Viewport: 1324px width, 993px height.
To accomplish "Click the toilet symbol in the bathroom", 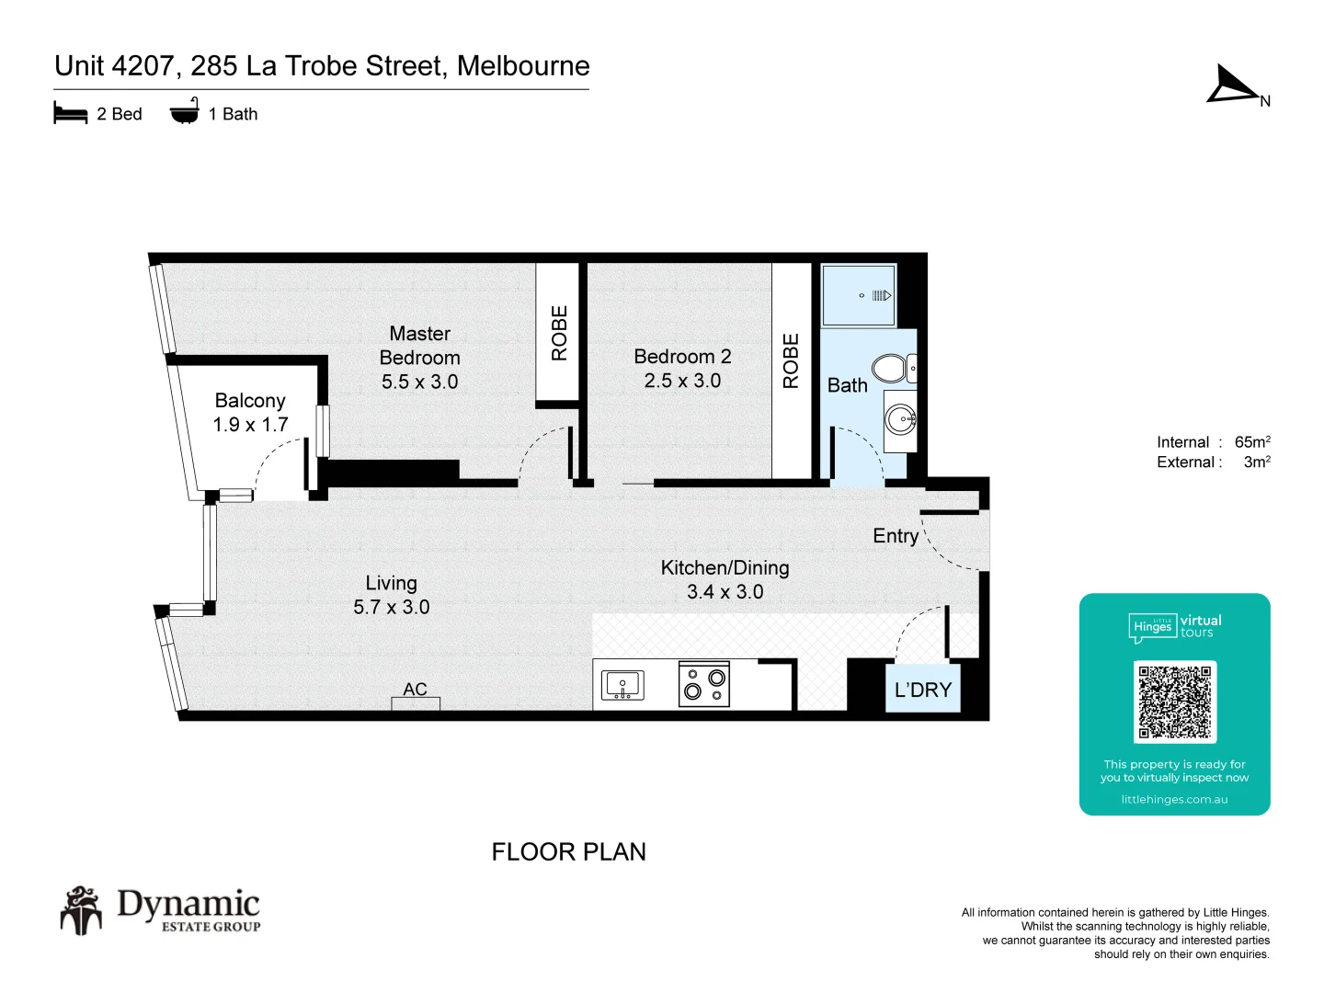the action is [x=894, y=369].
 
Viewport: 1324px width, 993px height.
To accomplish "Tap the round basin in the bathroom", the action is [x=901, y=418].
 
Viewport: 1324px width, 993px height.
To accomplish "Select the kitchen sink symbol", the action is [x=622, y=686].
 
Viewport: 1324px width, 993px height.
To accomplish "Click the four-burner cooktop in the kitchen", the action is [x=704, y=684].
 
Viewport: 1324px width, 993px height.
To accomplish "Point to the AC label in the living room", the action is [x=415, y=689].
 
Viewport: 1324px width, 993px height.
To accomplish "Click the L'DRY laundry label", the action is [x=923, y=690].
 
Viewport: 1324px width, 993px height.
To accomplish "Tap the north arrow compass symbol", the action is [x=1234, y=86].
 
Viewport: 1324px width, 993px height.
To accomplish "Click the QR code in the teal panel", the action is [x=1174, y=702].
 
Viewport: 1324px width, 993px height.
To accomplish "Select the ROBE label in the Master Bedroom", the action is [x=559, y=333].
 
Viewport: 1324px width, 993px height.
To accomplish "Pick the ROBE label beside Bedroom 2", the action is [x=791, y=360].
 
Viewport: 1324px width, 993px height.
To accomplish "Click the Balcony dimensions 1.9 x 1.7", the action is [x=250, y=425].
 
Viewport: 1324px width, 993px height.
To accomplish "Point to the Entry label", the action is [x=896, y=536].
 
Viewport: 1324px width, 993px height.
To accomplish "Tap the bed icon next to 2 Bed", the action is [x=71, y=113].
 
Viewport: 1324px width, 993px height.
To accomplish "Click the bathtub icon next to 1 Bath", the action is [x=185, y=111].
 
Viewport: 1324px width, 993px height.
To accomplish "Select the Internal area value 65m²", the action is [x=1252, y=441].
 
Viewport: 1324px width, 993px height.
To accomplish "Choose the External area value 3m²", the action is [x=1257, y=462].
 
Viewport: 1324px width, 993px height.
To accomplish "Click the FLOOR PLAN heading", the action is [x=569, y=852].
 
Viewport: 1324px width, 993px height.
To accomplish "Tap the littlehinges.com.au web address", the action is [x=1174, y=800].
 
